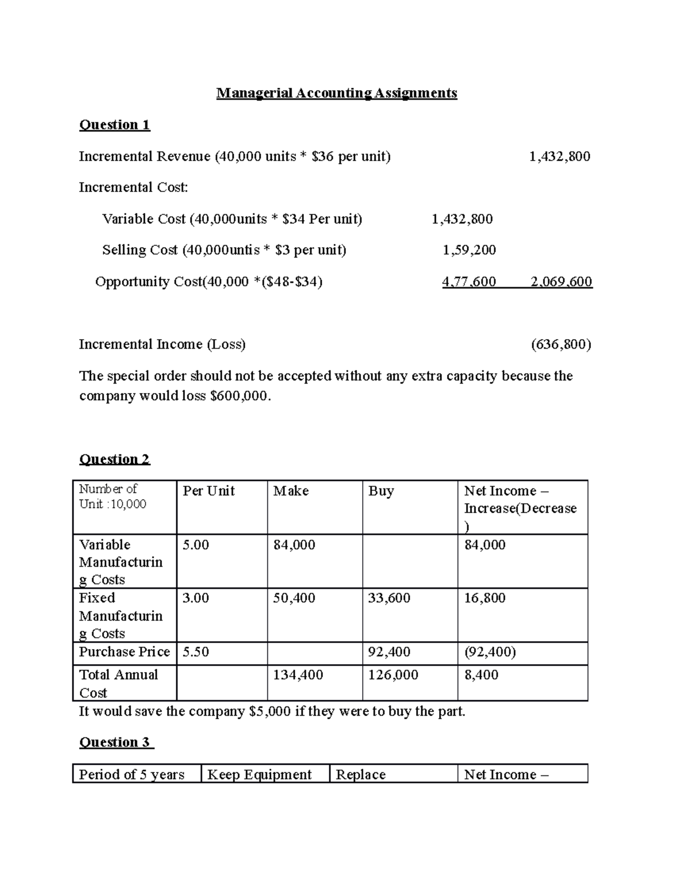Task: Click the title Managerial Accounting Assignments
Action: [x=336, y=93]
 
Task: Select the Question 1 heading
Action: [x=115, y=125]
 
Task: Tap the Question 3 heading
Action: [x=116, y=742]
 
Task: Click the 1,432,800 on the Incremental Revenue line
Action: [x=559, y=157]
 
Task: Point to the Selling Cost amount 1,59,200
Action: [x=469, y=250]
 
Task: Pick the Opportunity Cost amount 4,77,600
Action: [x=469, y=281]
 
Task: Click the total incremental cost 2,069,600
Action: [x=561, y=281]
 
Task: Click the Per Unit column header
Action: [x=208, y=491]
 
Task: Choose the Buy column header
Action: [x=381, y=491]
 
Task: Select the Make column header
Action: [x=291, y=491]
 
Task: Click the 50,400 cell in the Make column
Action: [x=294, y=599]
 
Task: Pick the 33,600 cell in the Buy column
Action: [x=389, y=599]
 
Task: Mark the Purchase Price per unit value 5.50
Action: [x=195, y=652]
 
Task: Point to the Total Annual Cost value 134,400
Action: [x=298, y=675]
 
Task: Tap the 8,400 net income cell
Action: [x=481, y=675]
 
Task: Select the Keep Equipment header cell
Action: [x=259, y=775]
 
